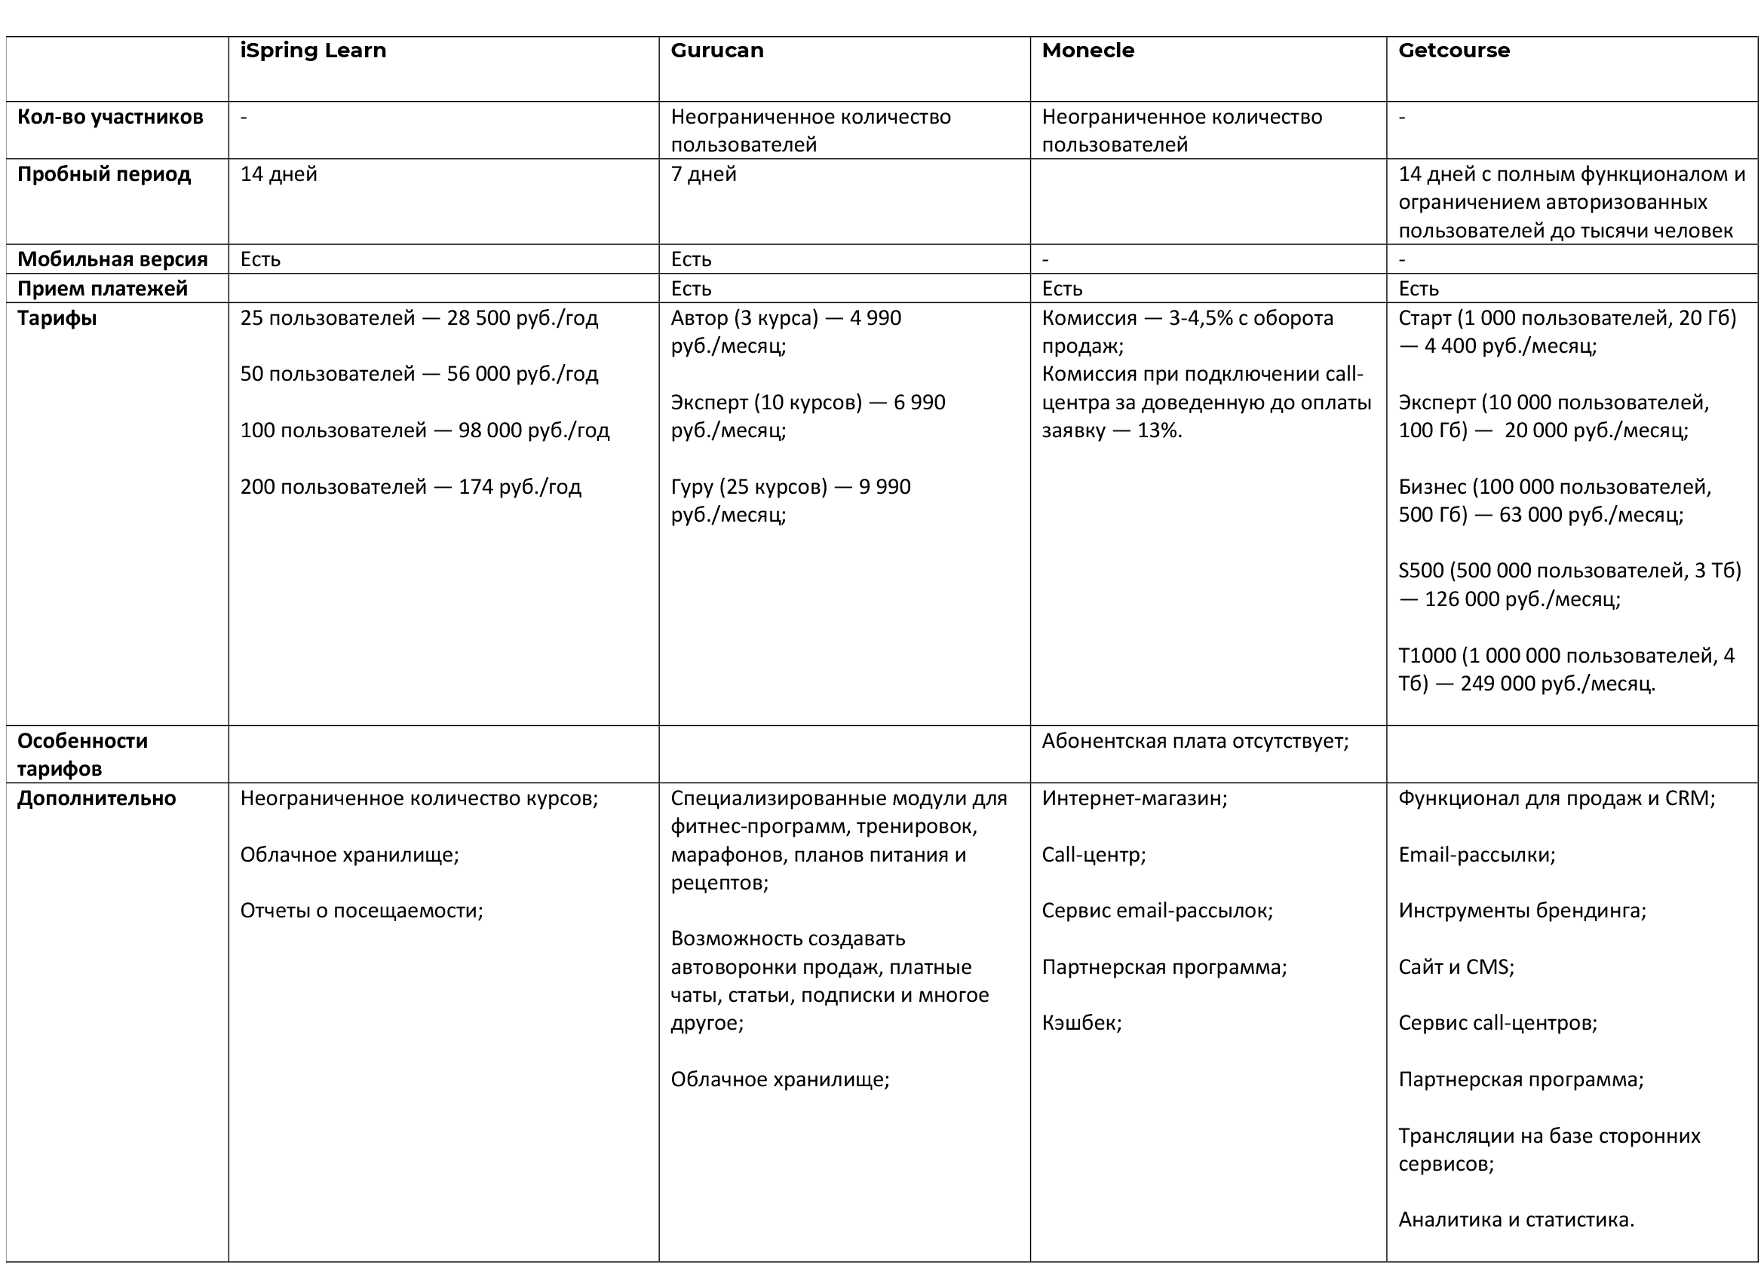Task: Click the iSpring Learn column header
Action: (x=313, y=51)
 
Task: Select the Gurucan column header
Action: (x=716, y=51)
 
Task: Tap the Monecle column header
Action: (x=1088, y=51)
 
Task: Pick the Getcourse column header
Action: (x=1454, y=51)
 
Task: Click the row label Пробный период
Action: (x=103, y=174)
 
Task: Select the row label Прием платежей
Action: (x=102, y=289)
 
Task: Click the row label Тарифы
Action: (x=57, y=318)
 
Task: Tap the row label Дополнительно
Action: (x=97, y=798)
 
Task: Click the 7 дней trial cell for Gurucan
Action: (x=703, y=174)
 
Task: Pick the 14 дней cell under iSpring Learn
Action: (x=278, y=174)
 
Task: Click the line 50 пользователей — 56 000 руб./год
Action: (x=419, y=374)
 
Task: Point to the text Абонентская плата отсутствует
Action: (x=1195, y=741)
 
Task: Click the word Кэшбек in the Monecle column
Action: (x=1081, y=1022)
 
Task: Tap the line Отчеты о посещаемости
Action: (x=361, y=911)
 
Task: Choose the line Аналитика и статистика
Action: (x=1516, y=1219)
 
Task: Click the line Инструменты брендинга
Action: (x=1522, y=911)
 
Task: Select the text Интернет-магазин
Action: (x=1134, y=798)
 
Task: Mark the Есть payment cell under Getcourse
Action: (x=1418, y=289)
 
